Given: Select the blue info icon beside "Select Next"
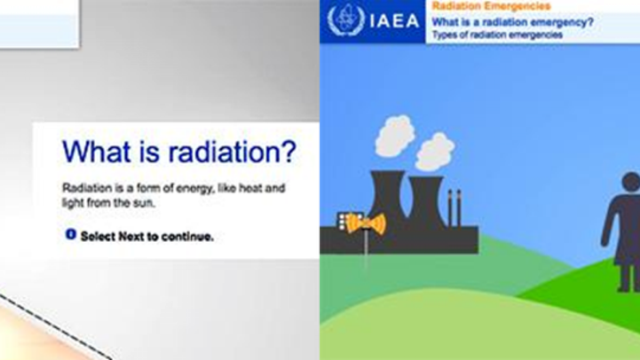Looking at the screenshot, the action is [71, 234].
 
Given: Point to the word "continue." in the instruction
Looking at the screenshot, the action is [187, 237].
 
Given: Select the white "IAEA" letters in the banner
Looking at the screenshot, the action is [394, 21].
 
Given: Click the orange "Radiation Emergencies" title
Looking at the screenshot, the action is [491, 6].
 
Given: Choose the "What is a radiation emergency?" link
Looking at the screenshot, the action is [513, 22].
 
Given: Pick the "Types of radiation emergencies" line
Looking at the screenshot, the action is [497, 35].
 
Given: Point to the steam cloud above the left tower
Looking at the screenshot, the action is [395, 137].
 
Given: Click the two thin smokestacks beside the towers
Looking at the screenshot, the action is [454, 208].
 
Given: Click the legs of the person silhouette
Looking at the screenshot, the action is [628, 277].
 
